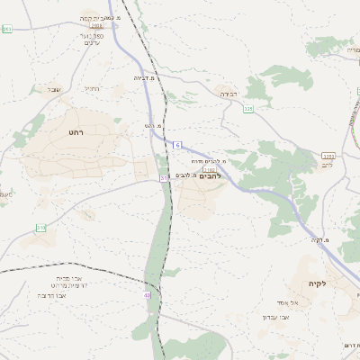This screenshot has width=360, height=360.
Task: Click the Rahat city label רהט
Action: coord(76,131)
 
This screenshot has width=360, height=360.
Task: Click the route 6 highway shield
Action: coord(177,145)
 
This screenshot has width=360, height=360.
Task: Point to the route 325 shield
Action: coord(247,108)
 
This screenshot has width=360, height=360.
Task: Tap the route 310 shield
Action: coord(40,228)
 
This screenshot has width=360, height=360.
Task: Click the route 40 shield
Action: coord(147,294)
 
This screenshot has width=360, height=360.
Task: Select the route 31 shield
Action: coord(164,178)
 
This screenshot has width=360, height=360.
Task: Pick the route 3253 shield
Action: coord(328,156)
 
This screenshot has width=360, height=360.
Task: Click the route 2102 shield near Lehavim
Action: coord(210,168)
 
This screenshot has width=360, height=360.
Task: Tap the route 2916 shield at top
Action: coord(96,26)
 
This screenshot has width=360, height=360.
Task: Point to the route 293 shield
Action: coord(7,30)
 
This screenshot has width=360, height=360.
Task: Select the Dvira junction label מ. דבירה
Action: coord(146,77)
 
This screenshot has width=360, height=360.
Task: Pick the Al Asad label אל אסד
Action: coord(299,302)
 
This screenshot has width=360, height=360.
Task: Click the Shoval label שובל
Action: coord(53,89)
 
